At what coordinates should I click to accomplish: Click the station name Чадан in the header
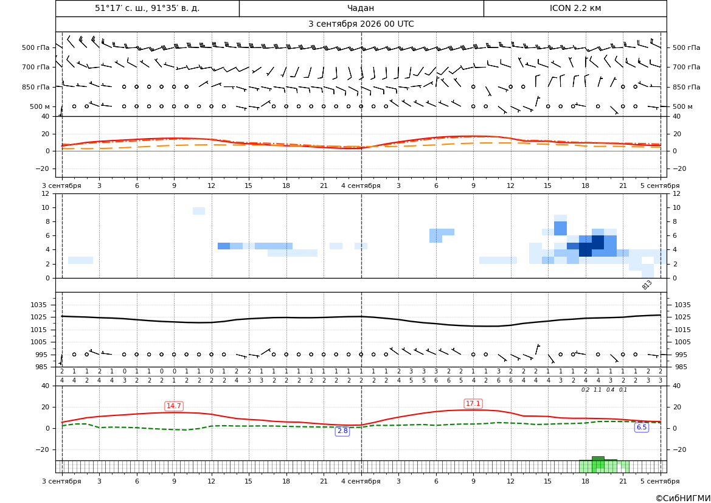pyautogui.click(x=361, y=8)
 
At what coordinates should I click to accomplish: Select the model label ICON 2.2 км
pyautogui.click(x=575, y=8)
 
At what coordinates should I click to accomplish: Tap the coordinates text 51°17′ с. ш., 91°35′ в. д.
pyautogui.click(x=147, y=8)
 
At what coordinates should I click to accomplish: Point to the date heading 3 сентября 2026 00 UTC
pyautogui.click(x=361, y=24)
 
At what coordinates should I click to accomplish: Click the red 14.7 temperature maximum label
pyautogui.click(x=174, y=406)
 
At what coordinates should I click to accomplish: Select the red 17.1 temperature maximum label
pyautogui.click(x=473, y=403)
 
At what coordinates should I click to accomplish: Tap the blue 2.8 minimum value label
pyautogui.click(x=342, y=431)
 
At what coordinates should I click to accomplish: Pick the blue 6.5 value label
pyautogui.click(x=642, y=427)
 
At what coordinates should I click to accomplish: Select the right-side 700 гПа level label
pyautogui.click(x=687, y=67)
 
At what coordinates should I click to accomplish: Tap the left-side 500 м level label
pyautogui.click(x=40, y=106)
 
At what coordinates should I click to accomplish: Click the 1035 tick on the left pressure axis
pyautogui.click(x=40, y=305)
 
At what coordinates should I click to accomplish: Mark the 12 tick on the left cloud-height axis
pyautogui.click(x=46, y=193)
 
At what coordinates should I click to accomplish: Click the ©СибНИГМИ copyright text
pyautogui.click(x=683, y=498)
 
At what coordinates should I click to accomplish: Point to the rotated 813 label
pyautogui.click(x=647, y=285)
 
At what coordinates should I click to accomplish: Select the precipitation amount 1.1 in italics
pyautogui.click(x=598, y=390)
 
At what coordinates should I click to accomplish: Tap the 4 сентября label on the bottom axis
pyautogui.click(x=361, y=481)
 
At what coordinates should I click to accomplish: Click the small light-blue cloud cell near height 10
pyautogui.click(x=199, y=211)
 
